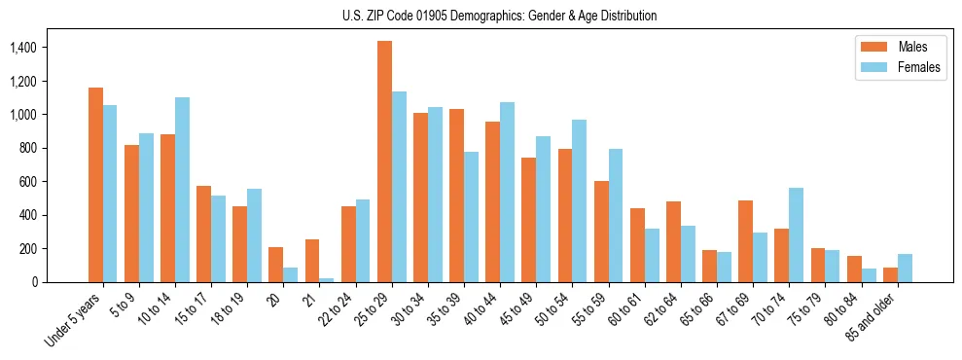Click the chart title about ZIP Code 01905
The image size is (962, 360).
(499, 16)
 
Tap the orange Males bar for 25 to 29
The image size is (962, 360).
(384, 162)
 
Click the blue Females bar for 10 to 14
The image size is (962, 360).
(182, 190)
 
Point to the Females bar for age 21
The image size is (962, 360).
(327, 279)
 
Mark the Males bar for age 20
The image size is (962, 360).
(276, 265)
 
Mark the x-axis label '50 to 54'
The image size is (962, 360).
(556, 308)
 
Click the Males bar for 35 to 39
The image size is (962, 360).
(456, 196)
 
